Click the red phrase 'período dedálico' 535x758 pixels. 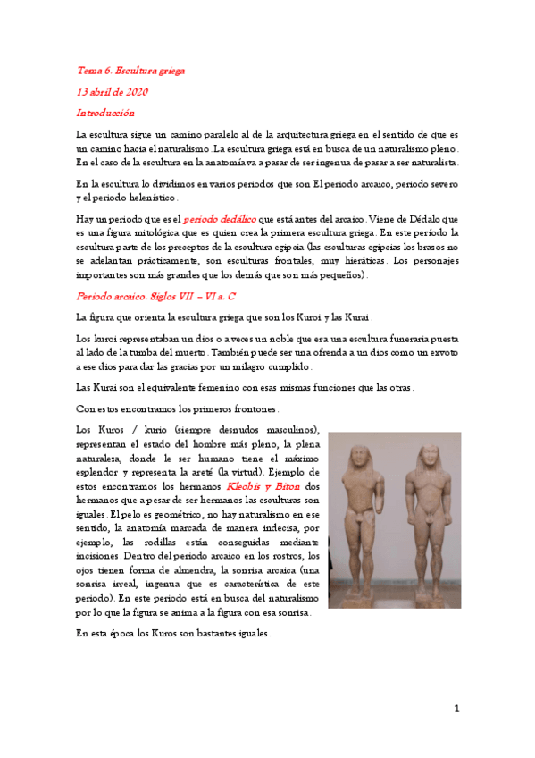click(220, 218)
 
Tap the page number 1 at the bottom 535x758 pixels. click(456, 709)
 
